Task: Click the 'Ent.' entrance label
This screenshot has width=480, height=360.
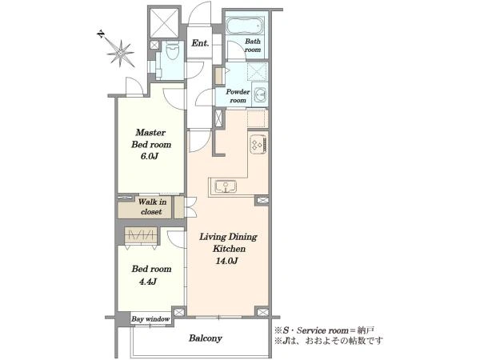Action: [x=200, y=43]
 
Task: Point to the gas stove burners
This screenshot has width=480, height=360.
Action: [x=258, y=144]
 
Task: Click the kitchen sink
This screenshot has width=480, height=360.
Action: [x=226, y=186]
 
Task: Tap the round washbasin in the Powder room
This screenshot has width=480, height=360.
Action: [x=260, y=94]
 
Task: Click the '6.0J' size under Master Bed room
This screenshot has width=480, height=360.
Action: [x=150, y=157]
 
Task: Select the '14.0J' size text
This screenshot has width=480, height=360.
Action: [x=226, y=261]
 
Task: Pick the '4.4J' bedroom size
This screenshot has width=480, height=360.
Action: [x=148, y=282]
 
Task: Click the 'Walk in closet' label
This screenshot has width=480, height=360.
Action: [x=152, y=206]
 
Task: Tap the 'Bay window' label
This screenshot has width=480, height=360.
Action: [x=150, y=319]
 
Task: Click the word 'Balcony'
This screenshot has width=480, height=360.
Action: [x=206, y=338]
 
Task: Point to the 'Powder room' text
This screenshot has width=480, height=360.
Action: [x=238, y=96]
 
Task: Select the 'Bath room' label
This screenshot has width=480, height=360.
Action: [x=253, y=46]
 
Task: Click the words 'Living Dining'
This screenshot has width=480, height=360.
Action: [x=228, y=237]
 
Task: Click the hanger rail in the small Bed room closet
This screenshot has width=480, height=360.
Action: [x=141, y=235]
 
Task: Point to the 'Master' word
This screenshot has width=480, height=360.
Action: [x=150, y=132]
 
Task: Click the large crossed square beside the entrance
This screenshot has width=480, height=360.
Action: [x=165, y=23]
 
